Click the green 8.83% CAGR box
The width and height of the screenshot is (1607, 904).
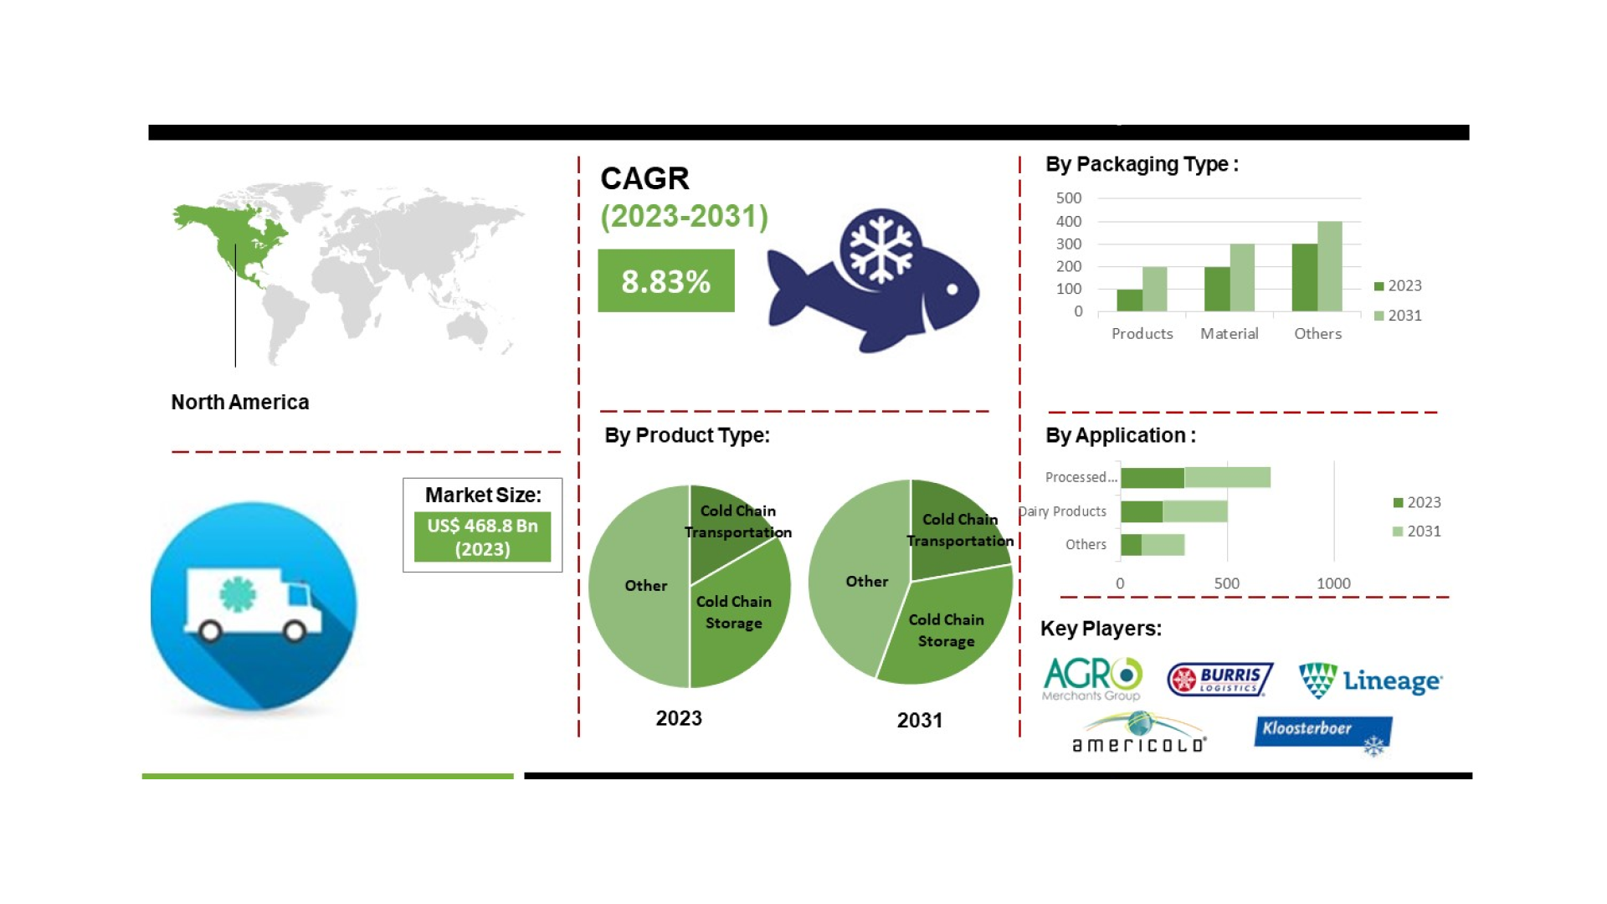665,281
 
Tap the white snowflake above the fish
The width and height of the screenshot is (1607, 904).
880,249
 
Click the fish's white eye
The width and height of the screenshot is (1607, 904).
952,290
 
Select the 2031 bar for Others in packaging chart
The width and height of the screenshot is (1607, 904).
1329,266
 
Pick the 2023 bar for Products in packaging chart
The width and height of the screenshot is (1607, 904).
1129,300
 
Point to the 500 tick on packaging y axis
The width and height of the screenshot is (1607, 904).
1069,198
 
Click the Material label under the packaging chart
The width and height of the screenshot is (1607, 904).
1229,334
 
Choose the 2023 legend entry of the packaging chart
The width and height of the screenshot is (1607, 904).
1398,286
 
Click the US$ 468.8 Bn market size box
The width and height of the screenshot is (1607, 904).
482,537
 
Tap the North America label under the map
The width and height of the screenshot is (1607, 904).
240,403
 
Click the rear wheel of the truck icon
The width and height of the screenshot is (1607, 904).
210,630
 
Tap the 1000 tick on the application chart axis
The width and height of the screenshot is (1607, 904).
1333,583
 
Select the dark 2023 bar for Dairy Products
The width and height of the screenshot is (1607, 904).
1142,511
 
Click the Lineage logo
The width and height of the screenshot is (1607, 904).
1370,681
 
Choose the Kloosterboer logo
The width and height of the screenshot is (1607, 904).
1322,732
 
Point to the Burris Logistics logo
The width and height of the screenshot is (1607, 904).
1220,680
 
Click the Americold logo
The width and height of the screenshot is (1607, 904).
1139,734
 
